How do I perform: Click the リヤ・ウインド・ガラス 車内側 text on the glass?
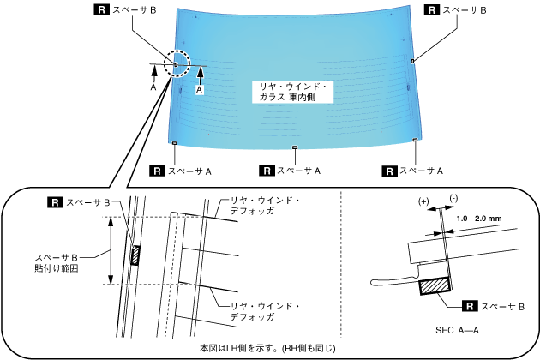294,93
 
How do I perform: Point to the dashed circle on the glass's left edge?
177,64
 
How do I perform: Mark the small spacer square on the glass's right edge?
413,61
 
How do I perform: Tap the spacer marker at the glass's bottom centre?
295,147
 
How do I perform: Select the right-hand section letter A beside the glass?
200,88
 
